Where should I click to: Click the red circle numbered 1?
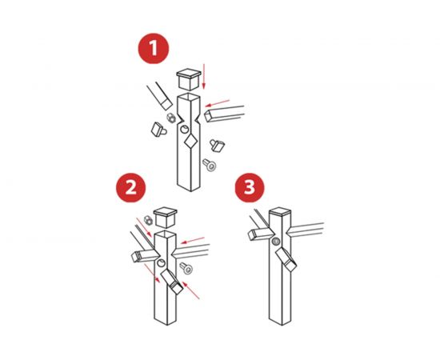154,48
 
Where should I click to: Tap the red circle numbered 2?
130,187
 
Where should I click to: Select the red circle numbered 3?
250,187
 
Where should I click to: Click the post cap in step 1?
189,79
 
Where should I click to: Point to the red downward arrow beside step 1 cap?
204,76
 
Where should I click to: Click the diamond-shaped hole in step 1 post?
190,141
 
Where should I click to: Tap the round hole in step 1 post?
184,130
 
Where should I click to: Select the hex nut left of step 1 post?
171,118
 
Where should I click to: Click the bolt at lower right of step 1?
210,165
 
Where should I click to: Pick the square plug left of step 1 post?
158,130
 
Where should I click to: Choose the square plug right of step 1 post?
217,146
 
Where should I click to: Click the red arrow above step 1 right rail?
218,103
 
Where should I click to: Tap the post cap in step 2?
166,218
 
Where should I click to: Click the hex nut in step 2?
148,220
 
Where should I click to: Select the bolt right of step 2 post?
186,268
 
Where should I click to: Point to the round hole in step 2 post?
161,263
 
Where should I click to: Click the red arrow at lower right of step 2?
191,290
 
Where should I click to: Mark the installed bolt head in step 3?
276,241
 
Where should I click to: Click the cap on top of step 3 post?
280,211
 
